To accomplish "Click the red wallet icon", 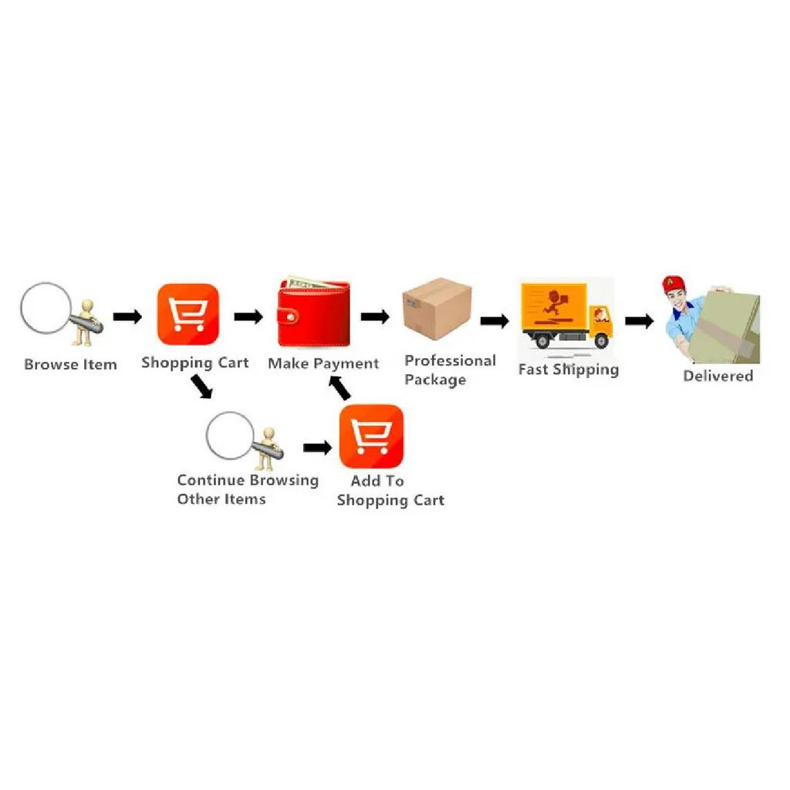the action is click(x=314, y=312).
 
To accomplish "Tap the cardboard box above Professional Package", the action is click(x=437, y=309).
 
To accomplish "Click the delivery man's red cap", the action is click(x=673, y=285).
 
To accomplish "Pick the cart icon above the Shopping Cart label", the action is click(x=188, y=315).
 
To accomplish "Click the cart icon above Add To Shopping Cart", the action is click(x=371, y=437).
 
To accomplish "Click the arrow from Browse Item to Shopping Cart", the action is click(x=127, y=317).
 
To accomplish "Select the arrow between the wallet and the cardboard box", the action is click(x=376, y=317).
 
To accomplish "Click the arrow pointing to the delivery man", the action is click(x=640, y=321).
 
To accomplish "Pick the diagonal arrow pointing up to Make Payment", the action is click(x=339, y=389).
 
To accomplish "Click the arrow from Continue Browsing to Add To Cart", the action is click(x=317, y=447).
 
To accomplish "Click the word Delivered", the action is click(x=718, y=376).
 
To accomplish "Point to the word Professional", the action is click(x=450, y=361).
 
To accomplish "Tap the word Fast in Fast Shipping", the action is click(x=533, y=370).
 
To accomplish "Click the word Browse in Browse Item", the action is click(x=51, y=364).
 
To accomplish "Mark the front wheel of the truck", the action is click(x=601, y=341).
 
